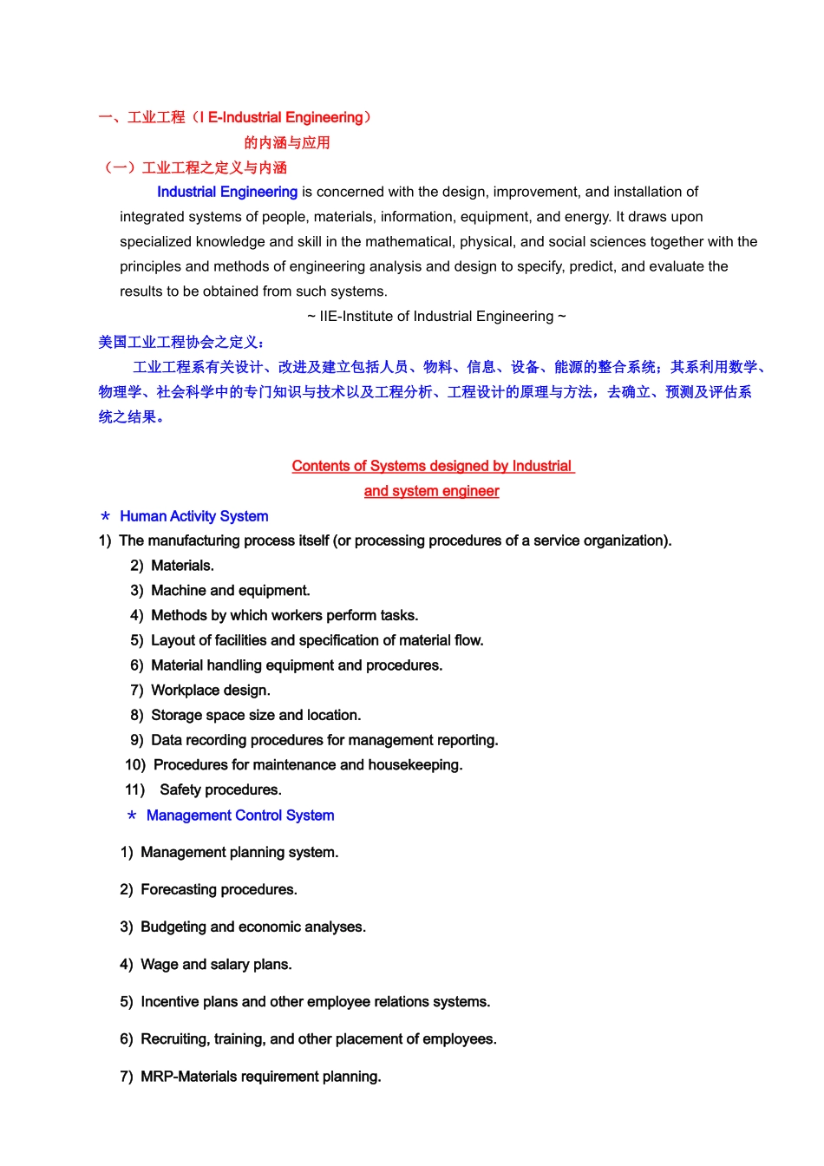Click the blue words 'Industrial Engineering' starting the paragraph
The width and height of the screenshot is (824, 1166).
[x=227, y=192]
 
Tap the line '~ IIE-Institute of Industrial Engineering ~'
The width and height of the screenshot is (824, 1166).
[x=436, y=317]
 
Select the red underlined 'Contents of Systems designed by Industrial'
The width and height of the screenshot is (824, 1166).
[x=432, y=466]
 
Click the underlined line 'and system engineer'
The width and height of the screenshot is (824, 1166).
[x=431, y=491]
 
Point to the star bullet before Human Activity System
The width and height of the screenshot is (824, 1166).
[x=106, y=517]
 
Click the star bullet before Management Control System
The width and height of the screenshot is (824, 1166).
[x=132, y=816]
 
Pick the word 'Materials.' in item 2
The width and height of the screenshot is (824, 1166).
[x=182, y=566]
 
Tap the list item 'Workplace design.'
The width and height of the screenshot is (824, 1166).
[x=210, y=691]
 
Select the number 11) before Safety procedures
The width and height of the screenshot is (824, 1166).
[x=134, y=790]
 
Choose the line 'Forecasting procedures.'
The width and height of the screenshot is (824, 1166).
[x=219, y=890]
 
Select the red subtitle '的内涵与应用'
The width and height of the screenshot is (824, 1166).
[x=287, y=143]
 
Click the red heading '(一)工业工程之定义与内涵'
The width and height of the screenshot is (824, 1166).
[x=195, y=167]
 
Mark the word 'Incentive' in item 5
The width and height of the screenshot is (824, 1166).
[x=170, y=1002]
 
